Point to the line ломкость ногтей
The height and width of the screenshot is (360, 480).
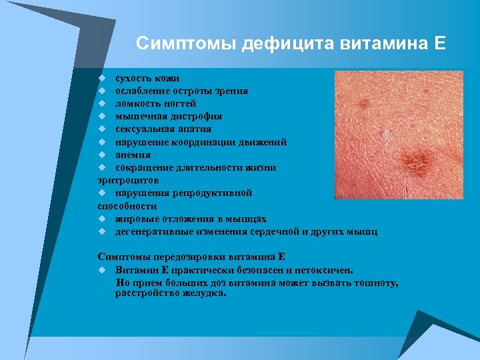tap(155, 103)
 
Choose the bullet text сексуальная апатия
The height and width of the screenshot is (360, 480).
tap(163, 129)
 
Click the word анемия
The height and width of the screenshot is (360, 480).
tap(133, 155)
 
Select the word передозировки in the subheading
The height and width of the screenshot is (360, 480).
tap(185, 257)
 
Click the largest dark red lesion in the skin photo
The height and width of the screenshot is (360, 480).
tap(416, 161)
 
